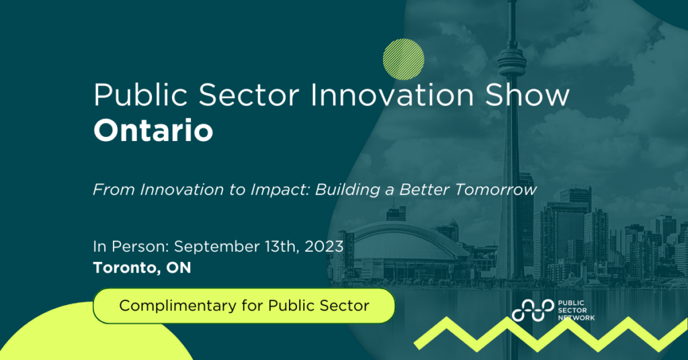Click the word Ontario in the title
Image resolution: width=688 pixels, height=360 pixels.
[153, 130]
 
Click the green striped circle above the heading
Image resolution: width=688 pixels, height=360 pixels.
[403, 58]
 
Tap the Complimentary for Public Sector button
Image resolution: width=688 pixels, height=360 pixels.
[244, 306]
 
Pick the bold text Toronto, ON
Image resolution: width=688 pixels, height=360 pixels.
[142, 268]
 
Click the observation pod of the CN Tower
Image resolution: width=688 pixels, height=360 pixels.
[512, 63]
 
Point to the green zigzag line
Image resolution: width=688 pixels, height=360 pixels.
[551, 332]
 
